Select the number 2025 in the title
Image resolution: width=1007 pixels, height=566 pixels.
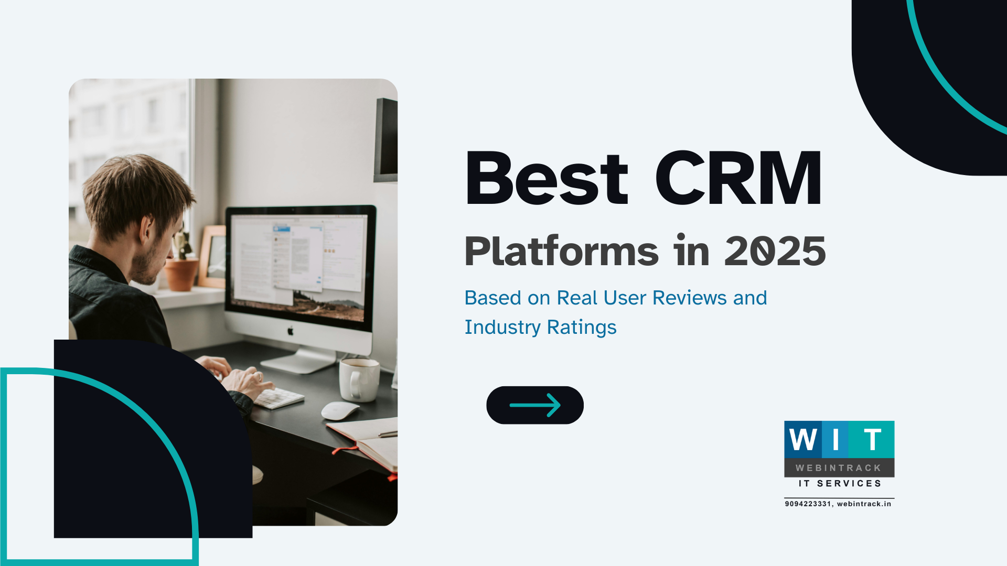(x=775, y=252)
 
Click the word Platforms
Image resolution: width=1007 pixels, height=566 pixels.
(x=561, y=252)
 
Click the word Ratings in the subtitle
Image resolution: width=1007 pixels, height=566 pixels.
(x=582, y=327)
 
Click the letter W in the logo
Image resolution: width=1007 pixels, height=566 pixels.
(x=802, y=439)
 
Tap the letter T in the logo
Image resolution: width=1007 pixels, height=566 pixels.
(x=872, y=439)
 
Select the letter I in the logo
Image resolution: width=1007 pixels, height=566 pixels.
(x=836, y=439)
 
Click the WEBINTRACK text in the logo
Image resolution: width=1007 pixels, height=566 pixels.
(x=839, y=467)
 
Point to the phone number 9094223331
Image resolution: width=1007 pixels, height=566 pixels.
(x=808, y=504)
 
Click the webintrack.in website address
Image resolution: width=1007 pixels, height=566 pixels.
(x=864, y=504)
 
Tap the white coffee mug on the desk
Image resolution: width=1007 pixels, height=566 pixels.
(x=359, y=379)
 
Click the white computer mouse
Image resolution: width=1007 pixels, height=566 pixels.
(x=339, y=410)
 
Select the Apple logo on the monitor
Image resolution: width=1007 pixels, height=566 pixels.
(x=290, y=331)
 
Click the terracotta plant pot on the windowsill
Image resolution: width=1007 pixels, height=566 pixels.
(x=181, y=274)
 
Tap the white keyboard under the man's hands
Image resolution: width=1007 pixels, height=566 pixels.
(x=278, y=398)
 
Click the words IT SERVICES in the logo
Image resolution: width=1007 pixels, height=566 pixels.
(x=840, y=483)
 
